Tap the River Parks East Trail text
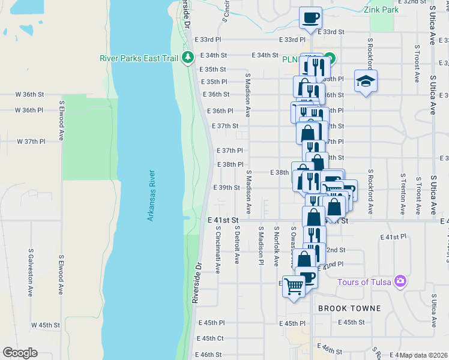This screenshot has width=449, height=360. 141,58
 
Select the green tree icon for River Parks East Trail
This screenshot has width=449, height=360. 188,57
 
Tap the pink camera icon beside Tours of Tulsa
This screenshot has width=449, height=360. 400,281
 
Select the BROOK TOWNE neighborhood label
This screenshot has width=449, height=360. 349,308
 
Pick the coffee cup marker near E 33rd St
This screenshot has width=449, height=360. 310,17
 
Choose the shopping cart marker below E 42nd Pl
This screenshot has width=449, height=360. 294,287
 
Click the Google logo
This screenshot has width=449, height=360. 20,353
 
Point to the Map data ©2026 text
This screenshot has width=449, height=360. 423,355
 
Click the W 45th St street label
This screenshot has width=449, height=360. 46,325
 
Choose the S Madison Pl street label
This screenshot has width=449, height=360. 261,245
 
